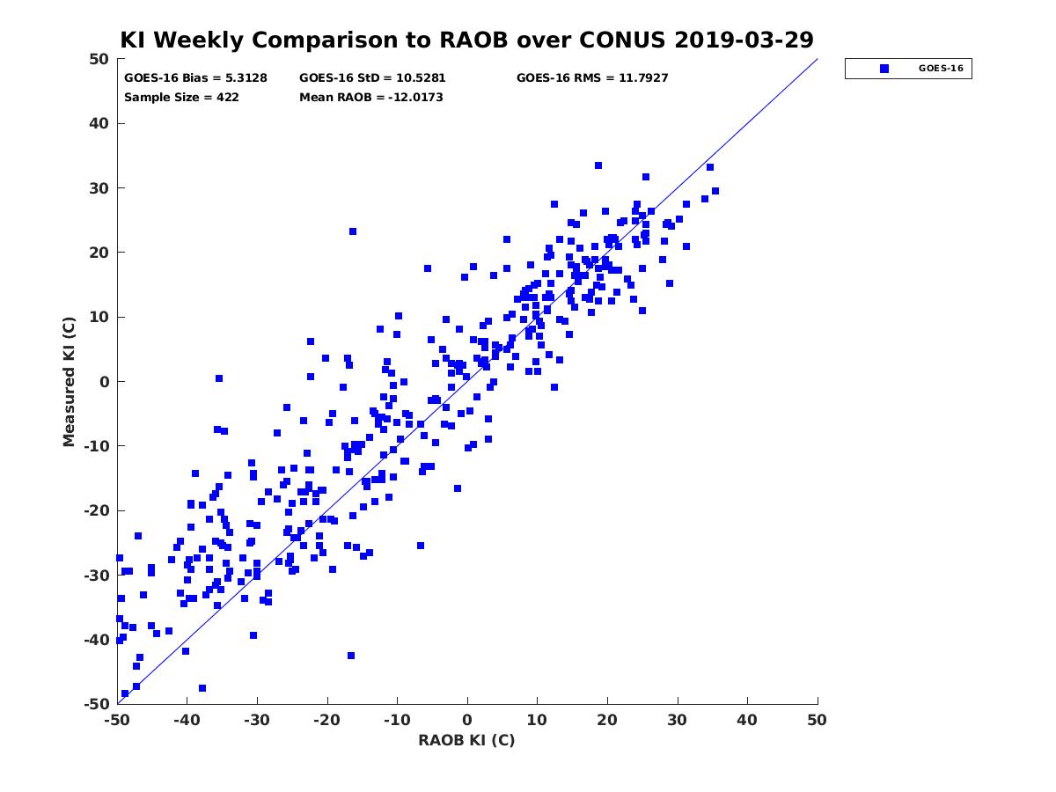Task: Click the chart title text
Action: (x=466, y=40)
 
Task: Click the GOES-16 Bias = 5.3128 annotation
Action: (x=195, y=78)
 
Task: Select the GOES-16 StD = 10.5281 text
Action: (x=372, y=78)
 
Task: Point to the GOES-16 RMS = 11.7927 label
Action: (x=591, y=78)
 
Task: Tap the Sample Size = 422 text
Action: (x=181, y=98)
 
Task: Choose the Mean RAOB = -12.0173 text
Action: (x=371, y=98)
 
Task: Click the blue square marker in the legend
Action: (x=884, y=69)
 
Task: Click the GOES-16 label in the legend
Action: (x=941, y=69)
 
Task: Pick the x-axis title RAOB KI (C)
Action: (x=466, y=740)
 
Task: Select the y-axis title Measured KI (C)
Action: (x=69, y=382)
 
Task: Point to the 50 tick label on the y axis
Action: (x=99, y=59)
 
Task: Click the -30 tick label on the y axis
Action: (x=97, y=576)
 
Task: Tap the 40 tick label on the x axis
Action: (x=747, y=720)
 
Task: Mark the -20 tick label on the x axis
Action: (x=326, y=720)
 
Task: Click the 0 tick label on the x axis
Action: (x=467, y=720)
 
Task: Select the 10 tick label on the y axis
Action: (x=99, y=318)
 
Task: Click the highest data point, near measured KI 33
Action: (x=598, y=165)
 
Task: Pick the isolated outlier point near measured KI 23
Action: (x=353, y=231)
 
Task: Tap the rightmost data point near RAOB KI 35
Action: (x=715, y=191)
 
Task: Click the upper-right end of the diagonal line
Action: (x=818, y=59)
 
